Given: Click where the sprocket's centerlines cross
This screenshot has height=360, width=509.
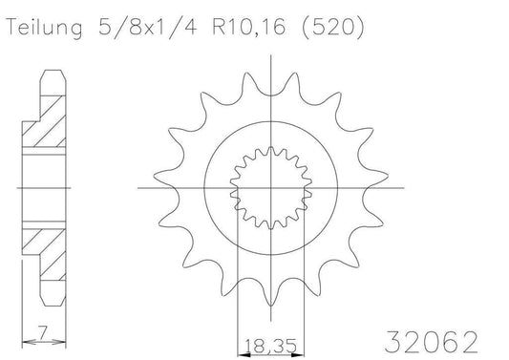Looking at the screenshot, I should pyautogui.click(x=269, y=188).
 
